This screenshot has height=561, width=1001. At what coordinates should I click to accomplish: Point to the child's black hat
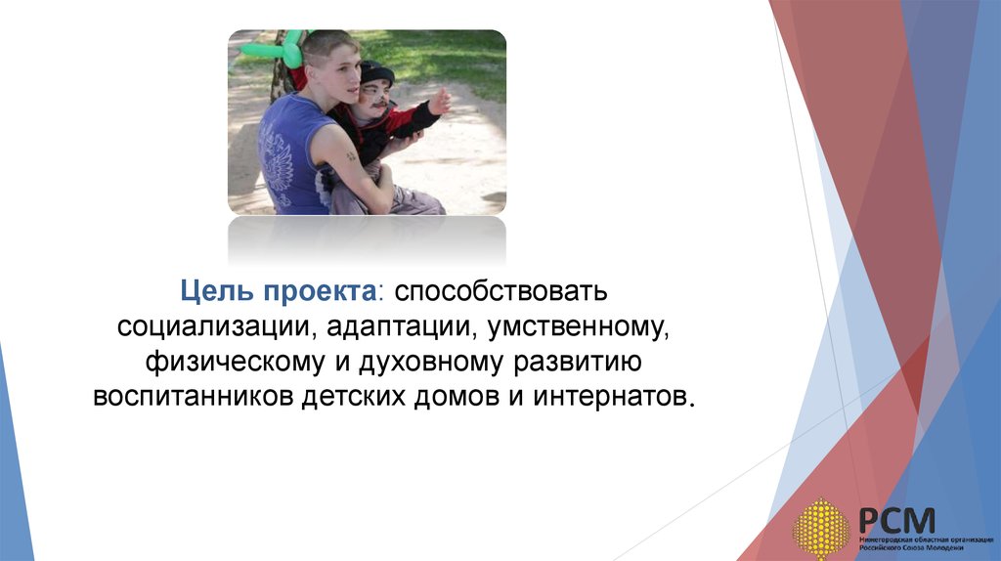[376, 72]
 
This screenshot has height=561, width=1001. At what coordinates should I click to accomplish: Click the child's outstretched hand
[440, 101]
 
